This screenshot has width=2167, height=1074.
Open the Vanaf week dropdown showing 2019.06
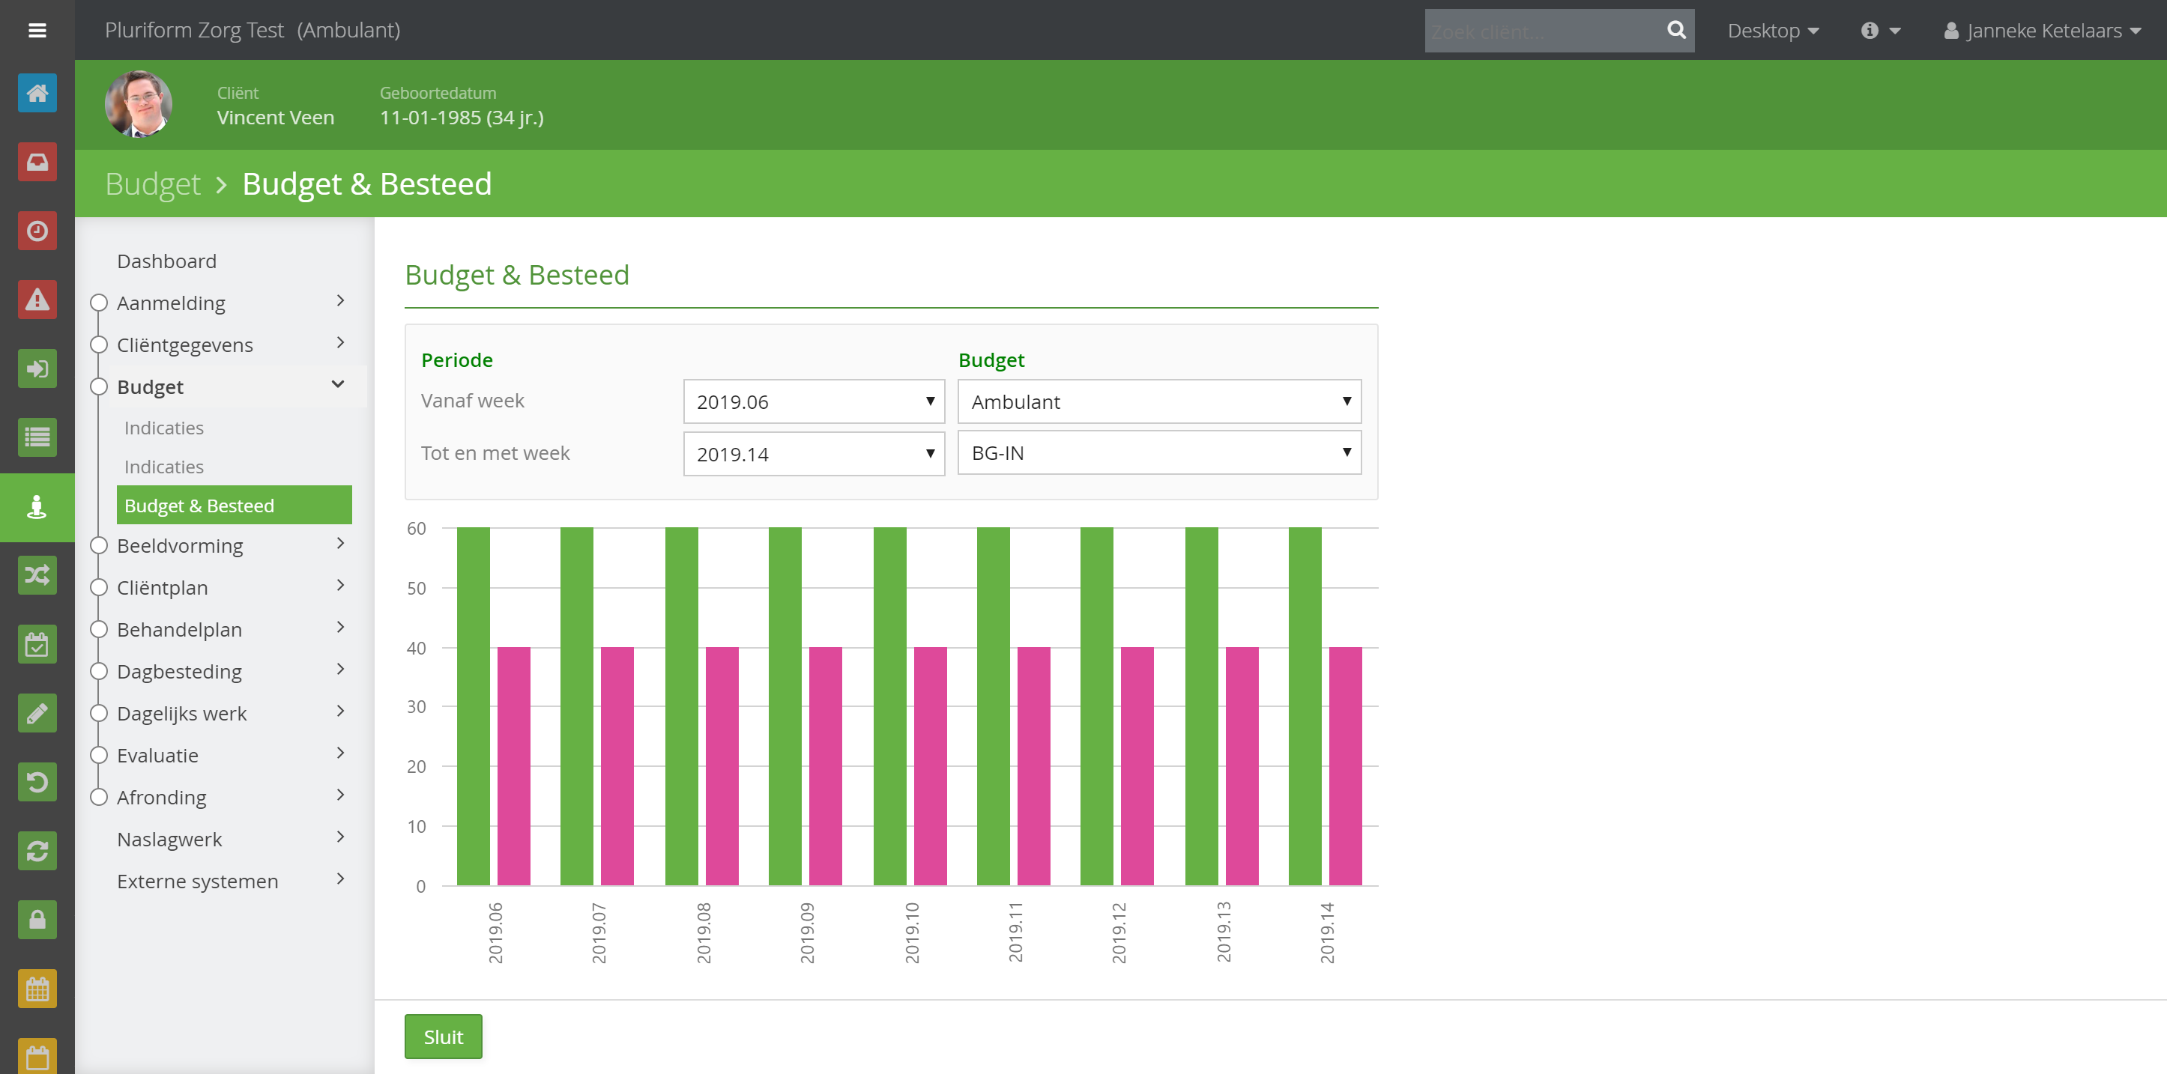coord(814,401)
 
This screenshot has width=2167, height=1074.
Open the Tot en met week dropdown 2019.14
coord(814,453)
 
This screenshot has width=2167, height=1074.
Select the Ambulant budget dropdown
coord(1159,401)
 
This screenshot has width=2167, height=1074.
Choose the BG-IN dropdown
coord(1159,452)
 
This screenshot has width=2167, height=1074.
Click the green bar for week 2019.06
coord(474,706)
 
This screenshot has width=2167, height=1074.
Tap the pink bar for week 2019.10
coord(931,766)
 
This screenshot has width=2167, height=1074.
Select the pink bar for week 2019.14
coord(1345,766)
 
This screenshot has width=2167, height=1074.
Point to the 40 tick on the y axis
coord(417,648)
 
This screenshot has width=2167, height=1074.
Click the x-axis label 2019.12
coord(1119,932)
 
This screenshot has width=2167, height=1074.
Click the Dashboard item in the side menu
coord(166,261)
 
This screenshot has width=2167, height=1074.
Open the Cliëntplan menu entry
coord(163,587)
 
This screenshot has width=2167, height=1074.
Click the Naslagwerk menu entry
coord(169,839)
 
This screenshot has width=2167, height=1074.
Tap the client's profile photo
coord(139,104)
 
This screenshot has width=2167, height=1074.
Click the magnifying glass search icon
coord(1675,30)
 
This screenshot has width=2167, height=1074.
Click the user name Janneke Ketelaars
coord(2043,30)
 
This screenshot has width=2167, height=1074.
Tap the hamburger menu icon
coord(37,30)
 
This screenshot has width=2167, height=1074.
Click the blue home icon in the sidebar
coord(37,93)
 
